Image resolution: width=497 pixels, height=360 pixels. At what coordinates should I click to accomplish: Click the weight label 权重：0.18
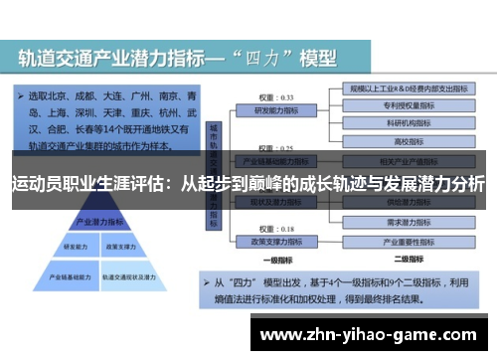(267, 229)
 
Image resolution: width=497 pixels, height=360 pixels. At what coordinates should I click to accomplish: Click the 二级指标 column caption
(407, 257)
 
